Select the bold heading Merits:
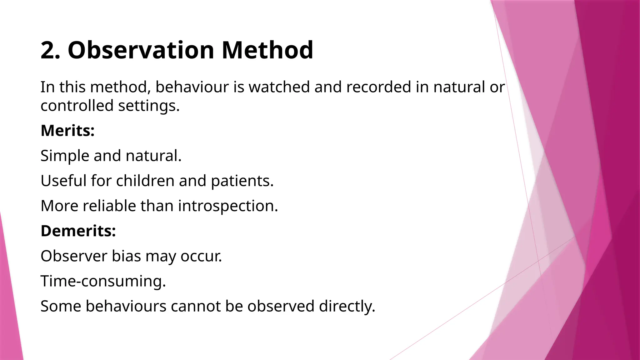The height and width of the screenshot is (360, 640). (67, 131)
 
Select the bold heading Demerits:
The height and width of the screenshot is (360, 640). (78, 231)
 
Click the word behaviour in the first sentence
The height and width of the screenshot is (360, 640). (192, 87)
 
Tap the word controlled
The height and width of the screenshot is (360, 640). (77, 106)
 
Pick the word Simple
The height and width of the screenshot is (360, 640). (65, 156)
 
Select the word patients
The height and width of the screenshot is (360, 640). (242, 181)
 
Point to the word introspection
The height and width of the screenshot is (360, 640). (228, 206)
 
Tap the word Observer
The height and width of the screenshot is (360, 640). (74, 256)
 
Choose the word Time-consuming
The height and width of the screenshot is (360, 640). (103, 281)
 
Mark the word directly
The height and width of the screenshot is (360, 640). (347, 306)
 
